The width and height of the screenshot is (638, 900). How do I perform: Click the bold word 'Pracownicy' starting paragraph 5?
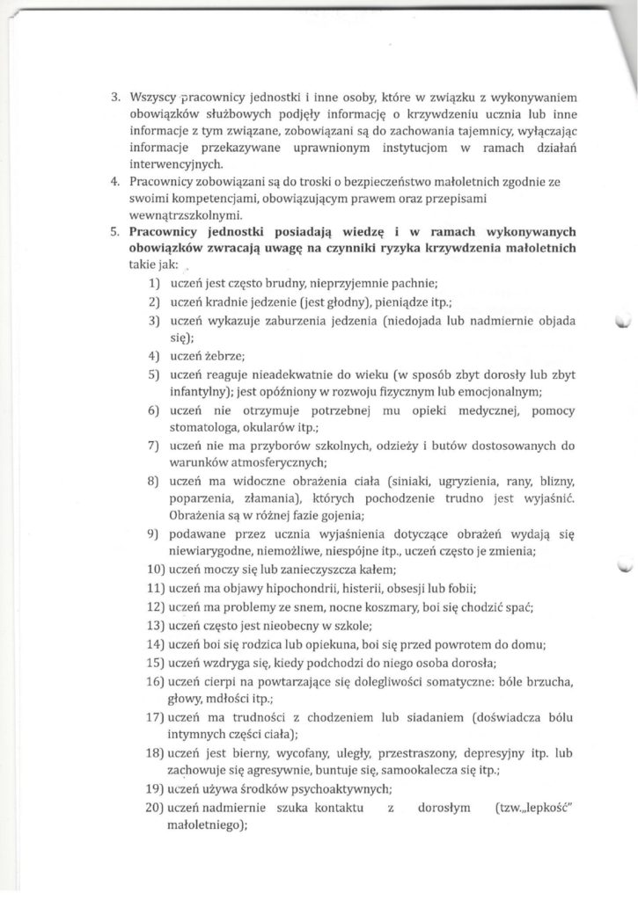click(166, 232)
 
